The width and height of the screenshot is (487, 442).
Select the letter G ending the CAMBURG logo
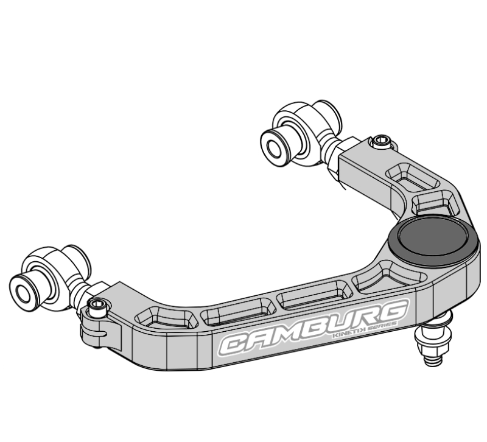390,312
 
